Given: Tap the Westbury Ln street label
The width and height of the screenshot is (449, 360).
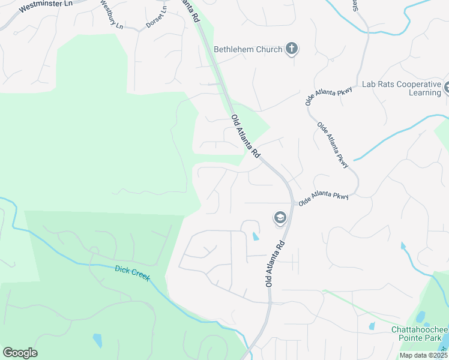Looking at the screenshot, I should [x=111, y=16].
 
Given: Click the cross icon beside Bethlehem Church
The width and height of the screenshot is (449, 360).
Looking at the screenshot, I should [x=292, y=49].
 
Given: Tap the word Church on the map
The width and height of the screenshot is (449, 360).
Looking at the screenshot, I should [x=267, y=49].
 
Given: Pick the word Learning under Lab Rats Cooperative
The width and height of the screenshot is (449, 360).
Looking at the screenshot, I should [x=425, y=93].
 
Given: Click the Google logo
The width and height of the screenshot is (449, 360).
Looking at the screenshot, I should [x=20, y=353].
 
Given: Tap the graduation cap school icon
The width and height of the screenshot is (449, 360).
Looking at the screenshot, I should [x=280, y=218].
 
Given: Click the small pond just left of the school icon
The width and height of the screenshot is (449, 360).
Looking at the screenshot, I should [x=256, y=236].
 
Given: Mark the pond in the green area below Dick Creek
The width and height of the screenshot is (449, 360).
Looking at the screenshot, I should [x=97, y=341].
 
